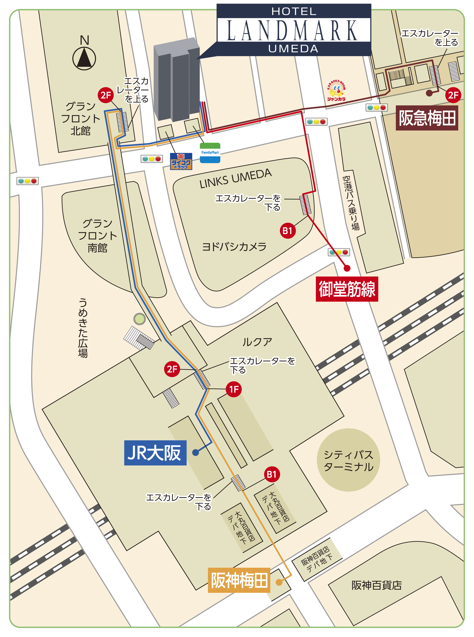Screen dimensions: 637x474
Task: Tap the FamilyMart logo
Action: [210, 153]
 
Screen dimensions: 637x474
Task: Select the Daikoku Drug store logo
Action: [181, 161]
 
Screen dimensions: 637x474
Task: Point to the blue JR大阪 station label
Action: [155, 452]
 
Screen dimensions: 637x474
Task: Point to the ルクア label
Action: [257, 342]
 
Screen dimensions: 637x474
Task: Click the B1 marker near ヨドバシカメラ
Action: [287, 231]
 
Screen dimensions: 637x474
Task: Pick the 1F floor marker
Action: [234, 389]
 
